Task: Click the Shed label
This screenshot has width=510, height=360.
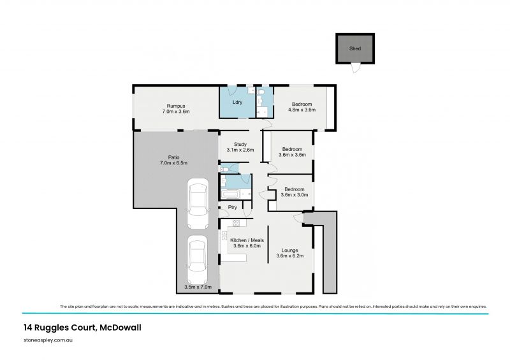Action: pyautogui.click(x=354, y=48)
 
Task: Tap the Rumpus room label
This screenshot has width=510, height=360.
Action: pyautogui.click(x=176, y=105)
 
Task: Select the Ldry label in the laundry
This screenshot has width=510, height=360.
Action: pyautogui.click(x=237, y=103)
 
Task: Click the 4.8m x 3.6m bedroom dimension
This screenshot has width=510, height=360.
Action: pyautogui.click(x=302, y=110)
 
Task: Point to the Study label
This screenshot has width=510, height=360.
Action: pyautogui.click(x=240, y=144)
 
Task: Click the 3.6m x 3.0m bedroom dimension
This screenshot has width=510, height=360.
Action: pyautogui.click(x=294, y=195)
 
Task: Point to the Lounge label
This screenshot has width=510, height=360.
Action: pyautogui.click(x=290, y=250)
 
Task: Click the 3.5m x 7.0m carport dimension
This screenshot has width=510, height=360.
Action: pyautogui.click(x=197, y=287)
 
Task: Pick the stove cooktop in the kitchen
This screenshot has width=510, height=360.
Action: pyautogui.click(x=236, y=223)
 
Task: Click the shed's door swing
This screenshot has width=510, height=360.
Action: pyautogui.click(x=354, y=68)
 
